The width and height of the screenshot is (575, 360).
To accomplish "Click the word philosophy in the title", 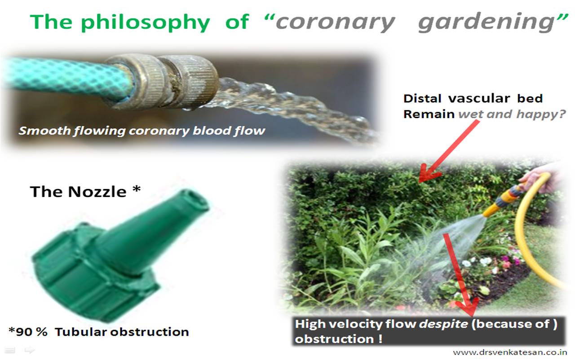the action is pos(146,22).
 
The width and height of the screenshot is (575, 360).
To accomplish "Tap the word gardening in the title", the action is pos(487,22).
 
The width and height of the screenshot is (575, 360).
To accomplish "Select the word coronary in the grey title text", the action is pos(335,23).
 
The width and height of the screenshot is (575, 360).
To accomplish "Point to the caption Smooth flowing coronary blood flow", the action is pos(142,131).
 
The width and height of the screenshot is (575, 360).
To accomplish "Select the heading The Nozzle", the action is pos(78,192).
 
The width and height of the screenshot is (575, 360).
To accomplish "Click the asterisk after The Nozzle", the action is pos(137,189).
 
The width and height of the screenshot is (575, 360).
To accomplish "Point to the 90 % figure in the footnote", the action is pos(31,332).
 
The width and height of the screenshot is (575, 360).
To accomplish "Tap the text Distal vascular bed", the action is pos(473,98).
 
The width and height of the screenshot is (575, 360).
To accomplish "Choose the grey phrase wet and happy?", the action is pos(512,114).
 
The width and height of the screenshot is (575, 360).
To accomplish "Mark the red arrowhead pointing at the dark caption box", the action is pos(468,307).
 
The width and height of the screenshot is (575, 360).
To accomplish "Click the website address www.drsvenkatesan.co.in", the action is pos(510,352).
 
